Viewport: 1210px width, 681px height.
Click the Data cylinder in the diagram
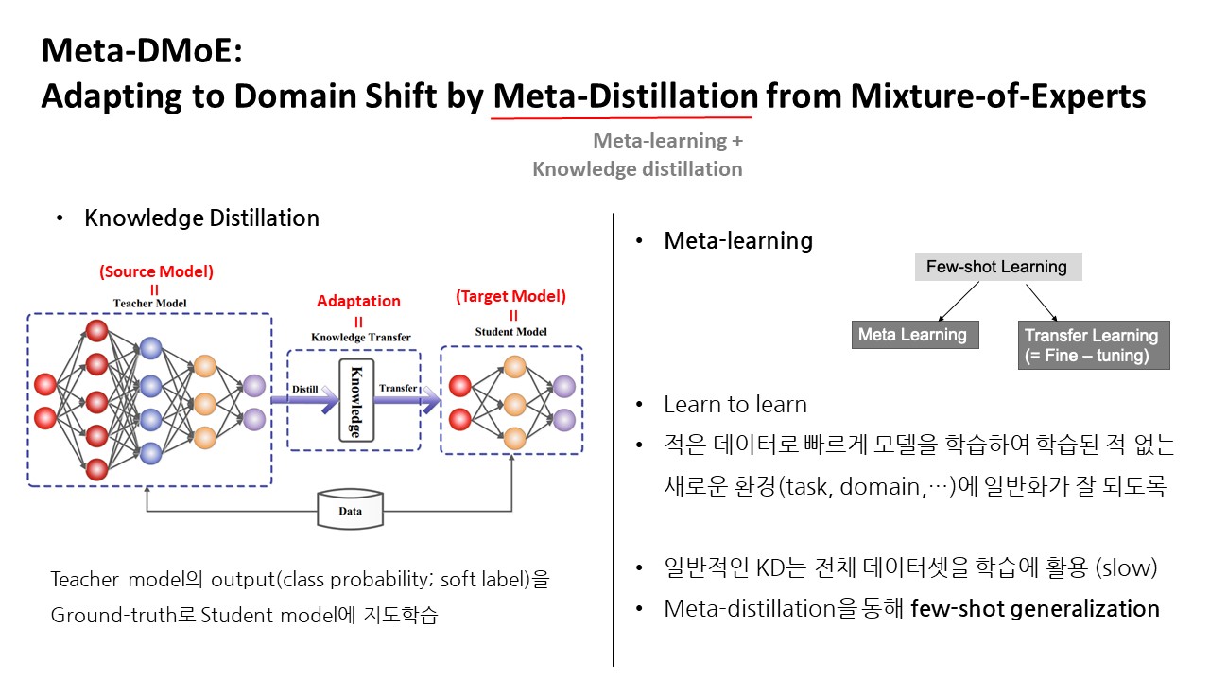click(350, 509)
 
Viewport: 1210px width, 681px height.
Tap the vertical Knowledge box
click(356, 400)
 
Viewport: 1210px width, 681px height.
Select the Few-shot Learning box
click(998, 267)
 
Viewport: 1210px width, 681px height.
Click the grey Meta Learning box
click(915, 335)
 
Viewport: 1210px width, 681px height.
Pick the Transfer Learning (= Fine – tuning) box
click(1094, 345)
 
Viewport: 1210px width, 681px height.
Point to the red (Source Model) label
click(156, 271)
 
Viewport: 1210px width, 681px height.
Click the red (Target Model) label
click(511, 296)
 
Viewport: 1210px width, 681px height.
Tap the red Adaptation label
click(358, 301)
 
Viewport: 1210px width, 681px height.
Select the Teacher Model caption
click(149, 304)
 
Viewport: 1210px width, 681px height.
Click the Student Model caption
click(511, 332)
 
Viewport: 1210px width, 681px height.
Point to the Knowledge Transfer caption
click(361, 338)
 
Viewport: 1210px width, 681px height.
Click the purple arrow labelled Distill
click(305, 399)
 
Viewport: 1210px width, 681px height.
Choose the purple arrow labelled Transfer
click(407, 399)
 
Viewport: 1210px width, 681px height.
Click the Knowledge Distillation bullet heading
click(201, 218)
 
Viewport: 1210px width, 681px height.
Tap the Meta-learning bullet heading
click(738, 241)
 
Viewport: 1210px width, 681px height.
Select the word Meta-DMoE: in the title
click(142, 51)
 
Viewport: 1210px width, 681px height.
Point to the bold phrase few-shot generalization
click(1035, 609)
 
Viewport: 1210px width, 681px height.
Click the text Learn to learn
click(735, 405)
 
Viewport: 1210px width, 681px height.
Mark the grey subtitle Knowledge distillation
click(637, 169)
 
